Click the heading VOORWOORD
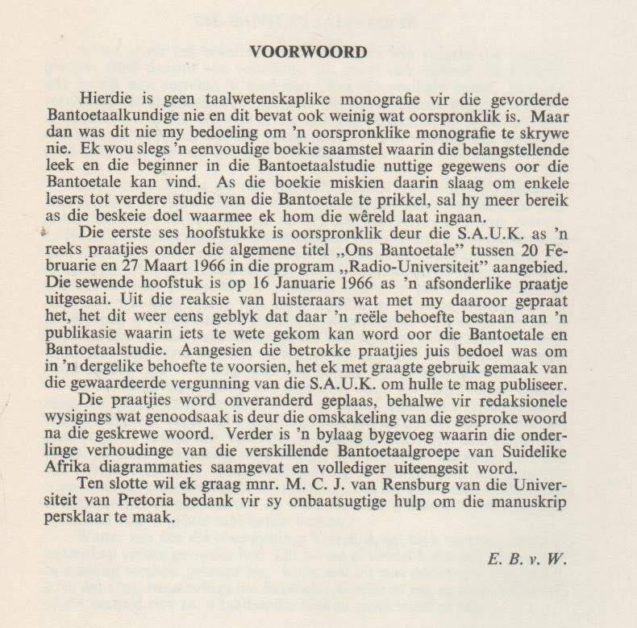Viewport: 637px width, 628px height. [x=308, y=53]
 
